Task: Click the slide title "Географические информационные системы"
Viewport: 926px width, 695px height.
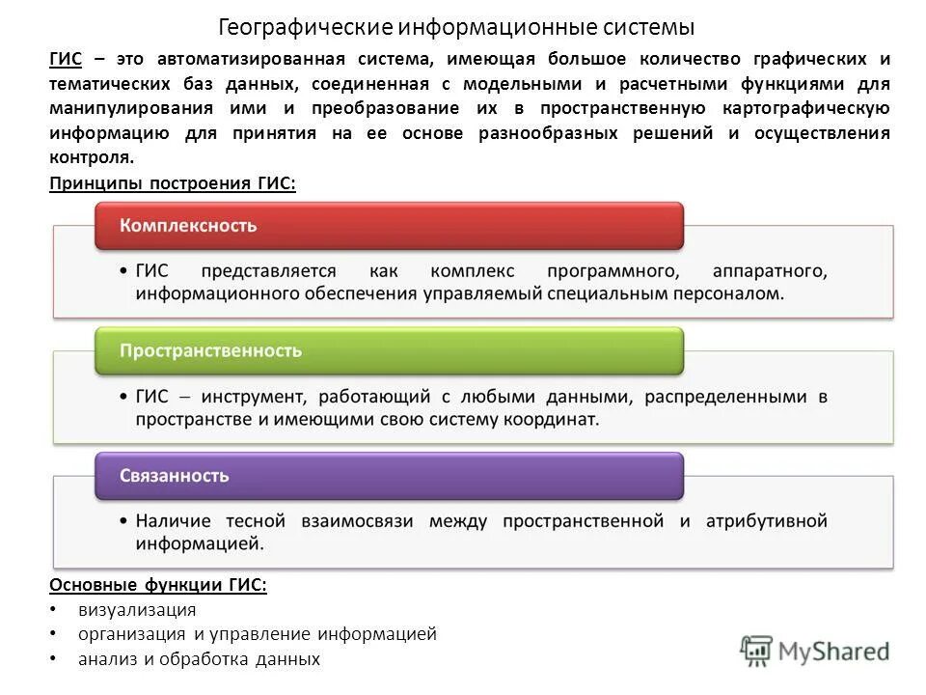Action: [456, 25]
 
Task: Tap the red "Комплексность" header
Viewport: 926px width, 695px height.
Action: [388, 226]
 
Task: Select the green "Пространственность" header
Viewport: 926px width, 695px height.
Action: [388, 350]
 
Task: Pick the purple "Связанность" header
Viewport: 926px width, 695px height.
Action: [388, 475]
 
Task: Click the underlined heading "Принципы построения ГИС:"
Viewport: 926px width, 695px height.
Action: [172, 183]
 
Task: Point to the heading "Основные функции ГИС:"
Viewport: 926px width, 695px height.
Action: [157, 584]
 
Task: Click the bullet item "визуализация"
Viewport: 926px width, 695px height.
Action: [137, 609]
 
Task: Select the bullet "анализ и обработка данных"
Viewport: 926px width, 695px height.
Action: [199, 659]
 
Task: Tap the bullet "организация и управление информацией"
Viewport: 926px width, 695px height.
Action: [258, 634]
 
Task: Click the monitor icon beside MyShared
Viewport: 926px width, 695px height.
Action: [757, 650]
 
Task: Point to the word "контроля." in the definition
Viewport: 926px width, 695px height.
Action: [92, 158]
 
